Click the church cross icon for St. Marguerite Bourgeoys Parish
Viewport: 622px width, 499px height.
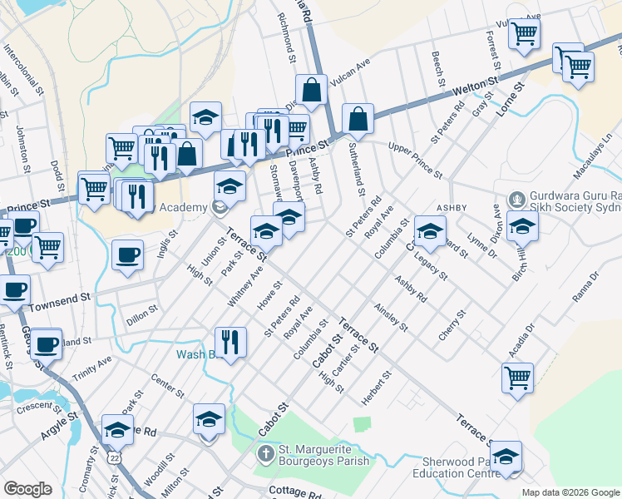click(264, 454)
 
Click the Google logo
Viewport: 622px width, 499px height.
click(27, 488)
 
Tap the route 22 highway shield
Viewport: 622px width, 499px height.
click(113, 458)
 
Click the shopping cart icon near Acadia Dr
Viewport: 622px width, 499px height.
click(517, 378)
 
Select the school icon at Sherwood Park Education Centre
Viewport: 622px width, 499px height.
click(506, 457)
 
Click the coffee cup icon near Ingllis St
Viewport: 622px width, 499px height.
click(127, 255)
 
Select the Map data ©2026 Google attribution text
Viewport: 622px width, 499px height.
click(570, 492)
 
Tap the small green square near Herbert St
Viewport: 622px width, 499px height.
click(360, 424)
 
